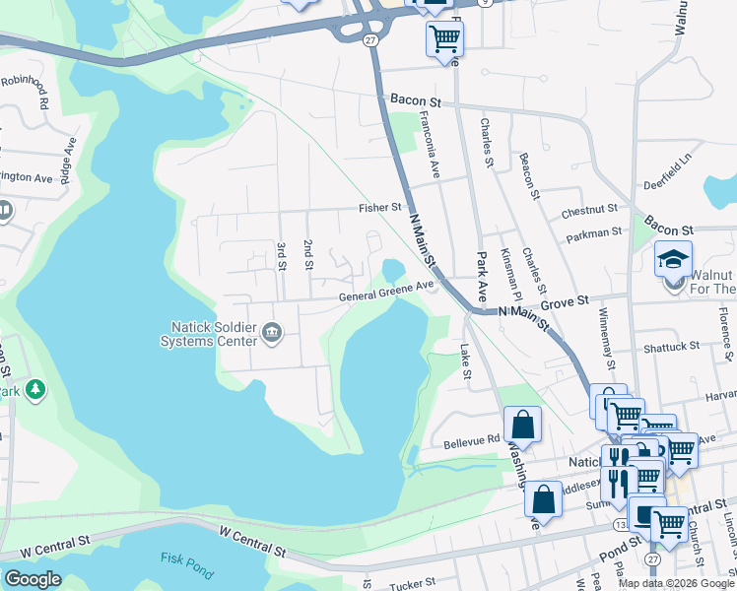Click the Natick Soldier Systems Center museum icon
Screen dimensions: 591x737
[273, 336]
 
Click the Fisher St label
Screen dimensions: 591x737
[379, 209]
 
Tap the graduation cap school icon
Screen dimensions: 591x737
[673, 259]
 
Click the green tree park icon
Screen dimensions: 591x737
[35, 391]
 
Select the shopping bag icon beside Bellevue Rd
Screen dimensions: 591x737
[523, 427]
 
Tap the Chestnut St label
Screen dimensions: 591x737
[589, 210]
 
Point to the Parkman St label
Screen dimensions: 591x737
[594, 233]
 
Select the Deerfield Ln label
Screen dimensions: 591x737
[670, 171]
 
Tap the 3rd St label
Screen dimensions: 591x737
[282, 254]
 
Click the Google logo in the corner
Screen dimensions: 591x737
[33, 579]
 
